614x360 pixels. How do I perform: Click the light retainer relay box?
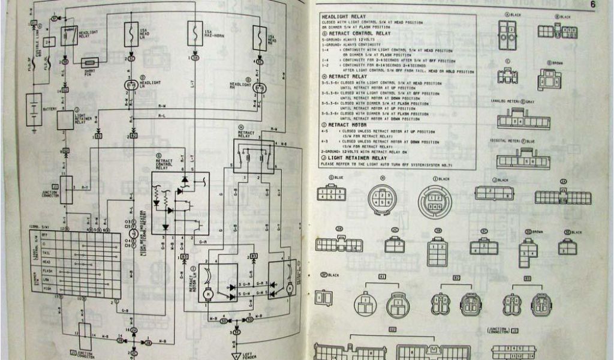tap(65, 119)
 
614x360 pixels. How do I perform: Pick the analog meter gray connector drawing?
tap(523, 119)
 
